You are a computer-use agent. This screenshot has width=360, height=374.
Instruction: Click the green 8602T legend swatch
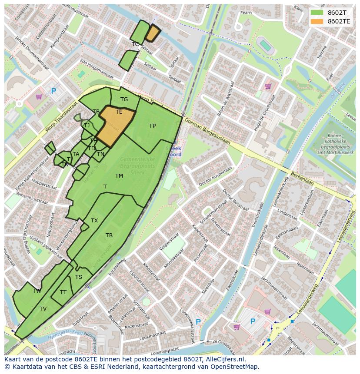pos(317,13)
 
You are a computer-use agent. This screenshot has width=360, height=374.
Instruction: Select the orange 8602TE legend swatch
pos(317,21)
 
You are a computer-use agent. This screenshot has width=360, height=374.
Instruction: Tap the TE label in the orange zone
pos(119,112)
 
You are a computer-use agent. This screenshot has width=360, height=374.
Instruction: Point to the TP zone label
pos(152,126)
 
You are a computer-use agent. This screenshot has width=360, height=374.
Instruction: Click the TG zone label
pos(124,99)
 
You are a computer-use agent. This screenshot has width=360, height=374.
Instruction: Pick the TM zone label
pos(119,176)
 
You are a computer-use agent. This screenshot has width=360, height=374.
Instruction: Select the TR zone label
pos(109,235)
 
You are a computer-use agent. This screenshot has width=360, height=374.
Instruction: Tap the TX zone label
pos(94,221)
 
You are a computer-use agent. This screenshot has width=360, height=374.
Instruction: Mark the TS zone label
pos(79,277)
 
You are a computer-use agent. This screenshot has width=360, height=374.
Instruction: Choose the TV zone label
pos(43,309)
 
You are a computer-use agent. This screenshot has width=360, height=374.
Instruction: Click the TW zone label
pos(37,291)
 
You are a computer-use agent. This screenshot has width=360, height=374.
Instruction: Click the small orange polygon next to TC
pos(153,33)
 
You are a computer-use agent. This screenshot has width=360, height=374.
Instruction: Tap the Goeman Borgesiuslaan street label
pos(207,130)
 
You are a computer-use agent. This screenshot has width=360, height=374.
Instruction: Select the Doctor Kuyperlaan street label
pos(215,178)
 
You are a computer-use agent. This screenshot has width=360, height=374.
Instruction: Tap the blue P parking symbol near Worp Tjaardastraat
pos(53,91)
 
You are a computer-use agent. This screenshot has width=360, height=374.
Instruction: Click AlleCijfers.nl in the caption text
pos(226,359)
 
